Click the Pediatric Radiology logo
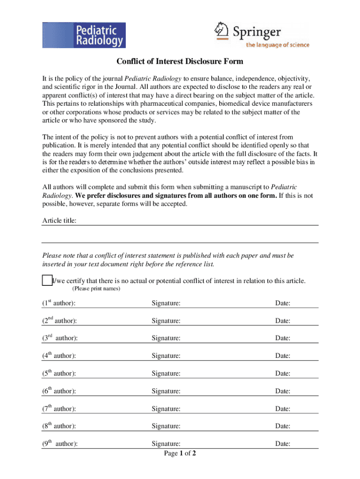tap(84, 35)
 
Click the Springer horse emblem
tap(221, 31)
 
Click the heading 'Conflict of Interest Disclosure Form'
tap(180, 62)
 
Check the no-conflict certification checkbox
tap(46, 281)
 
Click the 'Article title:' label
tap(60, 220)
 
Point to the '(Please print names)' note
tap(96, 289)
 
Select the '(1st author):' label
tap(59, 304)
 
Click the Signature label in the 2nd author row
tap(166, 321)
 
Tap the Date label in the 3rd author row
tap(283, 338)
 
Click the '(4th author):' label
tap(59, 356)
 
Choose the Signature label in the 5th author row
tap(166, 374)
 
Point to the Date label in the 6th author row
tap(283, 391)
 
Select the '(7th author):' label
tap(59, 409)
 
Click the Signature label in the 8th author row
tap(166, 426)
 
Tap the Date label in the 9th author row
tap(283, 444)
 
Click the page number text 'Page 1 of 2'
tap(180, 453)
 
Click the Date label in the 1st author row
tap(283, 304)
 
